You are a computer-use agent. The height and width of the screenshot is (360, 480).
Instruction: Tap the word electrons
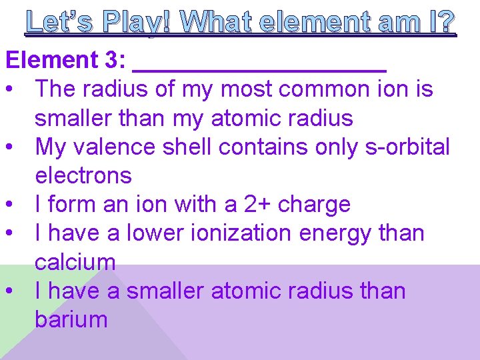click(83, 175)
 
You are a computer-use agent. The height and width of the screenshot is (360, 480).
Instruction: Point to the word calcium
click(75, 262)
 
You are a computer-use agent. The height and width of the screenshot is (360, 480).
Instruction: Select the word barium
click(71, 319)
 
